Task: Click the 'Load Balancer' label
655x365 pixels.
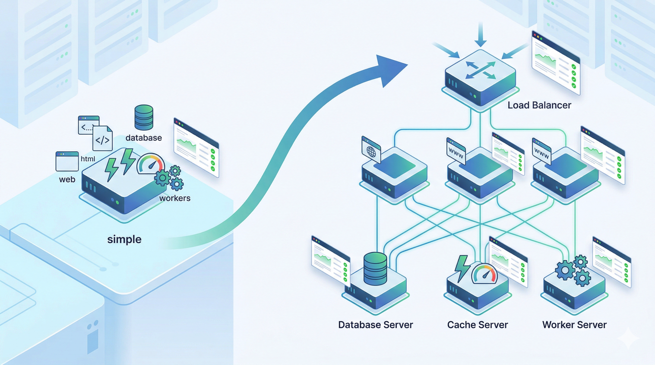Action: (539, 105)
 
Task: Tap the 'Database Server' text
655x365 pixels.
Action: (375, 325)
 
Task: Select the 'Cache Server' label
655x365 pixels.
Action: (477, 325)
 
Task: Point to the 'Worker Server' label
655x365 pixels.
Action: (574, 325)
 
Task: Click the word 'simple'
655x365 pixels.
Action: (124, 239)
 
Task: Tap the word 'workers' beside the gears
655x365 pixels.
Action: (175, 198)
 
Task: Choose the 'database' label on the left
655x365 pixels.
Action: (143, 138)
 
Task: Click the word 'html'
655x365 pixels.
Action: (88, 159)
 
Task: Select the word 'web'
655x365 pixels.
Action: (67, 179)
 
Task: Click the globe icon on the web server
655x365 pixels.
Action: (371, 150)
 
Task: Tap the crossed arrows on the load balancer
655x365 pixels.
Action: (480, 70)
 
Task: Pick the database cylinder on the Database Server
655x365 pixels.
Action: (375, 269)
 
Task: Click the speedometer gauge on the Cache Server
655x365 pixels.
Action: (484, 273)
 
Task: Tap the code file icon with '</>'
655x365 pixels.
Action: (102, 139)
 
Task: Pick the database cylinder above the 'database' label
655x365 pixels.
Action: (144, 118)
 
